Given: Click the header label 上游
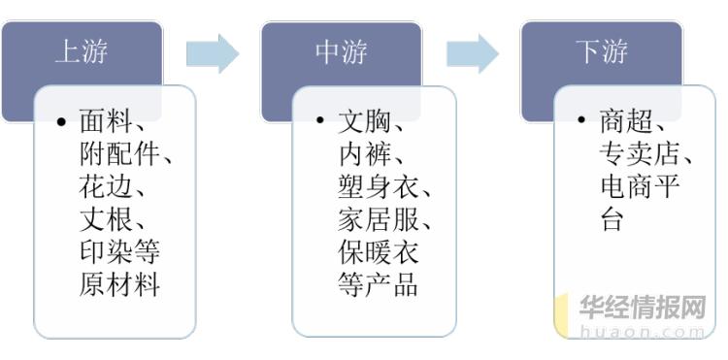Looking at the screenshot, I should [80, 52].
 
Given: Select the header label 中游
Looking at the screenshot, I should [341, 52].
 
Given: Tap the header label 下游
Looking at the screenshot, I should [602, 52].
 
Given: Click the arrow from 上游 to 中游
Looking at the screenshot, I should [212, 53].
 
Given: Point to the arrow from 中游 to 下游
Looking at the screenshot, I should [472, 53].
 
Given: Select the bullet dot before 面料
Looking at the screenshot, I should [61, 123].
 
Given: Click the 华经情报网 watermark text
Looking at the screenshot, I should [642, 308].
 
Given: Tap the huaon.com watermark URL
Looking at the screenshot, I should [642, 331].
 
